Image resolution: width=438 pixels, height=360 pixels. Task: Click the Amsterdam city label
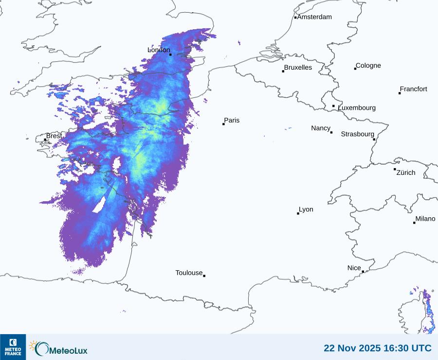(314, 17)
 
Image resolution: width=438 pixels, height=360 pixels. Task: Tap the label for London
(159, 50)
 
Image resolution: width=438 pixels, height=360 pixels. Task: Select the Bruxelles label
(298, 68)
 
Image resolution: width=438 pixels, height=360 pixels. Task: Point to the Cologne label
(368, 66)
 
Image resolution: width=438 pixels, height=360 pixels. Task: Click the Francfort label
(413, 89)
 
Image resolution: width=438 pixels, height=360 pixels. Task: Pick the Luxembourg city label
(357, 108)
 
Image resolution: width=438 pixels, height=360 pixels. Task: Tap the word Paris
(232, 120)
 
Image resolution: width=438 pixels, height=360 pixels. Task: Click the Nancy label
(321, 128)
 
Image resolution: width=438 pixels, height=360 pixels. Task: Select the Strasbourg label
(357, 134)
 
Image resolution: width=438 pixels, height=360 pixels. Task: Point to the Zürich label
(406, 172)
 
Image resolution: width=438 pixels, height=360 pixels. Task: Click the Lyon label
(306, 209)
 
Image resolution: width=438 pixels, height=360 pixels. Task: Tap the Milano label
(425, 219)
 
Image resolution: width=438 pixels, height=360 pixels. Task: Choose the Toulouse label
(189, 273)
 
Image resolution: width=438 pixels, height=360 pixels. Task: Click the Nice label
(354, 268)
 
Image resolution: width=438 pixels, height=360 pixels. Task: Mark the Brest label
(54, 136)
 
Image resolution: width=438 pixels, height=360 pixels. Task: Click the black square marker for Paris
(223, 124)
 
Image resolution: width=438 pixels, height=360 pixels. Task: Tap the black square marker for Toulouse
(204, 276)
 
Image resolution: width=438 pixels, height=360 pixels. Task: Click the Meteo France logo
(13, 347)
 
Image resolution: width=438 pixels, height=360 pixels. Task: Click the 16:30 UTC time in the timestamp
(408, 348)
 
